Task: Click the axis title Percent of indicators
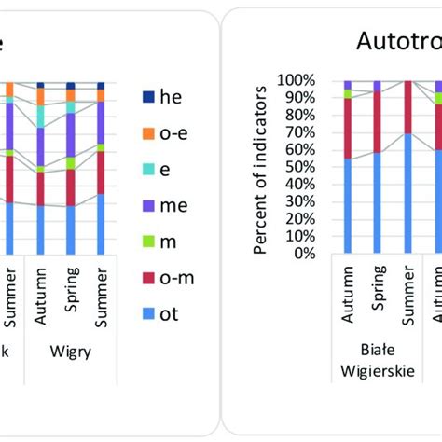[265, 168]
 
